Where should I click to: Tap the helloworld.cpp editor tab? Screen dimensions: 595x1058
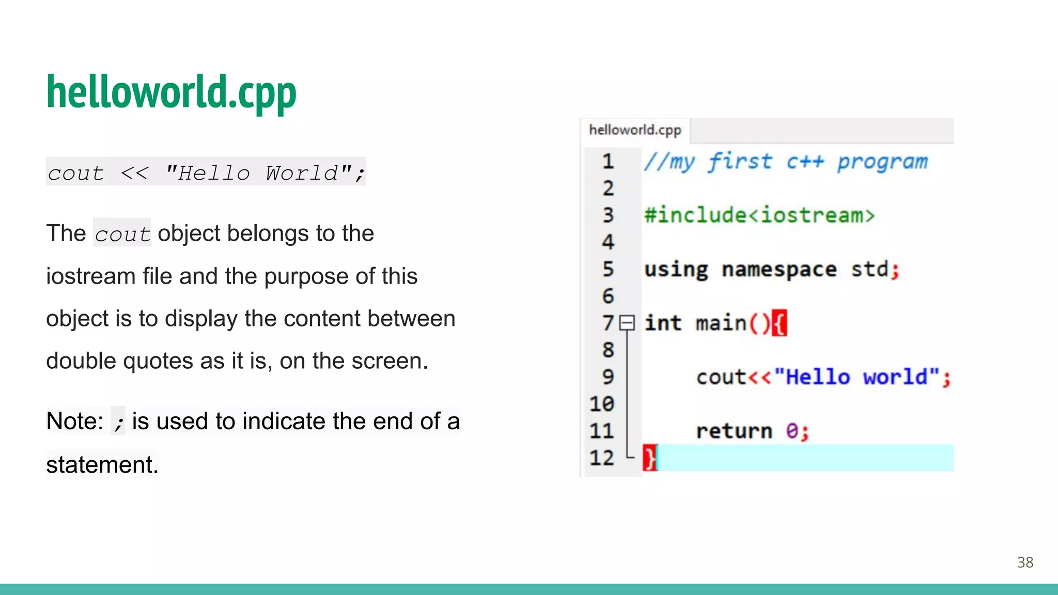(x=635, y=130)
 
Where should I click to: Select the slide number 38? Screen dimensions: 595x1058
(x=1025, y=562)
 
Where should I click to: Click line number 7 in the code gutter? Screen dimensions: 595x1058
(x=608, y=323)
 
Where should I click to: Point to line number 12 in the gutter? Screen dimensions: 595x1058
(x=602, y=458)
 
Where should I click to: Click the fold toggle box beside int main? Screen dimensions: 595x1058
(x=627, y=323)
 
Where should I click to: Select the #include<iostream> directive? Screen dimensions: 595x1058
(x=759, y=215)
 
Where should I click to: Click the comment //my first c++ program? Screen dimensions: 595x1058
(x=785, y=162)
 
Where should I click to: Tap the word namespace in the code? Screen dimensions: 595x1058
(x=779, y=270)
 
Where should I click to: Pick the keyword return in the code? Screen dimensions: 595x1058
(x=734, y=431)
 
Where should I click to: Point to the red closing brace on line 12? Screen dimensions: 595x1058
(x=649, y=458)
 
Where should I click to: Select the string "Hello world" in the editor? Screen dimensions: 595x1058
(x=857, y=378)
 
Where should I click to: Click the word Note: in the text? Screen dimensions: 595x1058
(x=75, y=421)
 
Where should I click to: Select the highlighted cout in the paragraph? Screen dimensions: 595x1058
(x=122, y=234)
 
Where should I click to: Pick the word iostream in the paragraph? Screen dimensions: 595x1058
(x=90, y=276)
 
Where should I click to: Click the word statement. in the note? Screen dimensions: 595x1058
(x=102, y=465)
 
